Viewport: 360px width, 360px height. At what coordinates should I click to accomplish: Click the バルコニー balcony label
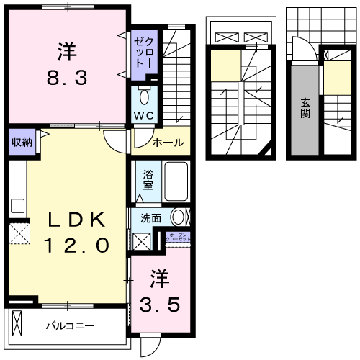pyautogui.click(x=71, y=326)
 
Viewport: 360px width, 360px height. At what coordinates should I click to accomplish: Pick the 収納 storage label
pyautogui.click(x=21, y=142)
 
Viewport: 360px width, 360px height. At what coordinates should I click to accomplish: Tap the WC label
pyautogui.click(x=142, y=116)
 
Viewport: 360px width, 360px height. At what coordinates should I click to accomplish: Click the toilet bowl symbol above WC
pyautogui.click(x=142, y=97)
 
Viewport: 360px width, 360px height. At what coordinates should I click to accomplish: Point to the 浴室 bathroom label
pyautogui.click(x=148, y=179)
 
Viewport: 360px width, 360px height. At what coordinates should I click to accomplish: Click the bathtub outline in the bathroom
pyautogui.click(x=175, y=182)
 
